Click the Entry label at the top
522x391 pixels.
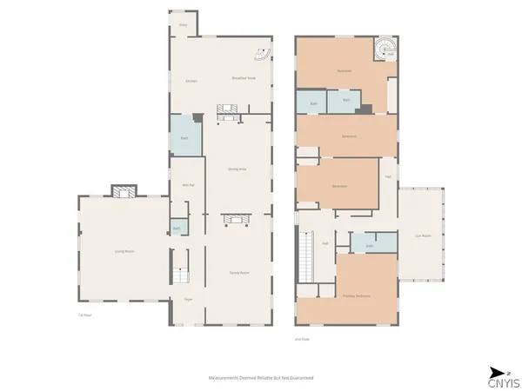[184, 25]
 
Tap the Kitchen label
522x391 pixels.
[191, 82]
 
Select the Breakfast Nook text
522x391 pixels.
[244, 78]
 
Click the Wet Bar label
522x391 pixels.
[186, 186]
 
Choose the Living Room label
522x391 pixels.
[124, 251]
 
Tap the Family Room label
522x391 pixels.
[239, 273]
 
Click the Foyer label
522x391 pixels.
[187, 300]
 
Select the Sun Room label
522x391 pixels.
[424, 235]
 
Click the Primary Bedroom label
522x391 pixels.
[357, 296]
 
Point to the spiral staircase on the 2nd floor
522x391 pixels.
[383, 48]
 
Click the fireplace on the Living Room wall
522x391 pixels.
[123, 190]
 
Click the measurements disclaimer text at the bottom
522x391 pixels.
[261, 378]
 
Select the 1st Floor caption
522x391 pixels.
[84, 315]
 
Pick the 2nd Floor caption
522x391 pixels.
[303, 339]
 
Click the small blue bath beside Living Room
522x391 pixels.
[177, 229]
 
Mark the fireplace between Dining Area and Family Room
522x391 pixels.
[238, 219]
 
